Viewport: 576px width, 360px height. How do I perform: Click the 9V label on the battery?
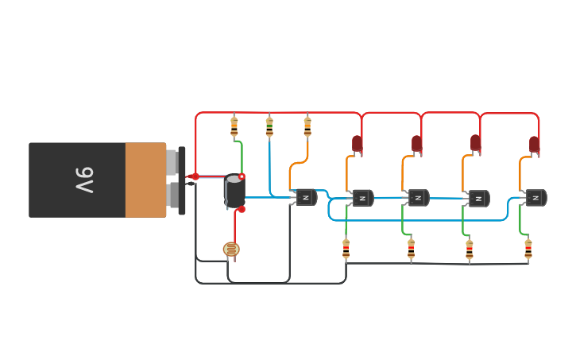tap(84, 180)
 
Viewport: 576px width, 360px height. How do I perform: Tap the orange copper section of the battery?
tap(145, 180)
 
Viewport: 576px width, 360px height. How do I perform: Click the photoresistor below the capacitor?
tap(231, 250)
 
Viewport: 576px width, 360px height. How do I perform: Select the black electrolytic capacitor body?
tap(235, 192)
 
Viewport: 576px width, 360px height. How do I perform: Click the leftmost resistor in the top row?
tap(234, 126)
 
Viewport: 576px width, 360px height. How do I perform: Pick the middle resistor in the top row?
tap(269, 126)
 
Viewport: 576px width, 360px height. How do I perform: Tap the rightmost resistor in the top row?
tap(307, 126)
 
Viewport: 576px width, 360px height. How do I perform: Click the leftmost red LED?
tap(358, 144)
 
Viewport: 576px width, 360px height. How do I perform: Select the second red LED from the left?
tap(416, 144)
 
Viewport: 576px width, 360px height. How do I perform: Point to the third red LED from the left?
tap(475, 143)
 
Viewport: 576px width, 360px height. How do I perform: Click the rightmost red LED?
tap(535, 145)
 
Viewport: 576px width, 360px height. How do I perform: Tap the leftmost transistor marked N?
tap(306, 197)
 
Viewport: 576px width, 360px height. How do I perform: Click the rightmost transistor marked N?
tap(535, 198)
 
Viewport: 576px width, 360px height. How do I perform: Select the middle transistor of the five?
tap(418, 198)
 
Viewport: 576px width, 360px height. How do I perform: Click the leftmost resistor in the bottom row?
tap(346, 249)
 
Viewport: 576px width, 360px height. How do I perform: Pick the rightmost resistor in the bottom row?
tap(528, 249)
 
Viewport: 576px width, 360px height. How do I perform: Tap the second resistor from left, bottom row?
tap(411, 249)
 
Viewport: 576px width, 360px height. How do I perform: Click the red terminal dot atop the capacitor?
tap(242, 176)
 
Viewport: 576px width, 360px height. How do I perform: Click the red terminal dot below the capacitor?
tap(242, 210)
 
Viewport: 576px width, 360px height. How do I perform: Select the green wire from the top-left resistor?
tap(242, 155)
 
